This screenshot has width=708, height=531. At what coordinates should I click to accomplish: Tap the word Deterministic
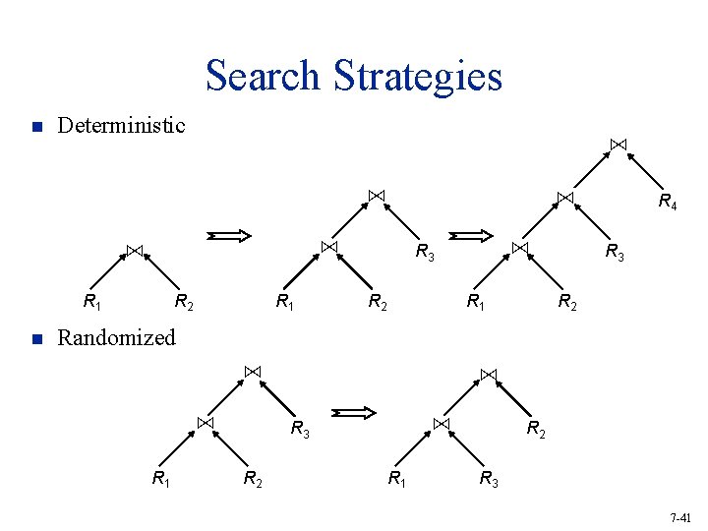pyautogui.click(x=121, y=126)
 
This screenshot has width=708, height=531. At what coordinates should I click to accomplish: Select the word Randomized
pyautogui.click(x=116, y=338)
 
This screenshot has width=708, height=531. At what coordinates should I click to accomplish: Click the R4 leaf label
pyautogui.click(x=667, y=203)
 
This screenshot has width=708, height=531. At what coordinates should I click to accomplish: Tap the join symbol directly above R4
pyautogui.click(x=618, y=145)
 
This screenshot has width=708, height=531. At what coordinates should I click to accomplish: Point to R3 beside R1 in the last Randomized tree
pyautogui.click(x=489, y=481)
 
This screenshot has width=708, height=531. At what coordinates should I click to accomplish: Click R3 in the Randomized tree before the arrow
pyautogui.click(x=300, y=429)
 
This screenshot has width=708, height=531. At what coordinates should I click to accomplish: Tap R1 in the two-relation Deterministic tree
pyautogui.click(x=91, y=302)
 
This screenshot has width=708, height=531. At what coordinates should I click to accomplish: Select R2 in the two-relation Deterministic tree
pyautogui.click(x=183, y=302)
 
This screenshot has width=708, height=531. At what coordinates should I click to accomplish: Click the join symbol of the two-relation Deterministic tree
pyautogui.click(x=135, y=249)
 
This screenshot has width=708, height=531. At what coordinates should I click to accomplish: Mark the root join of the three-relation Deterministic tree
pyautogui.click(x=376, y=195)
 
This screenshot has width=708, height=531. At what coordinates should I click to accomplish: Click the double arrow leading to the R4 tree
pyautogui.click(x=470, y=235)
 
